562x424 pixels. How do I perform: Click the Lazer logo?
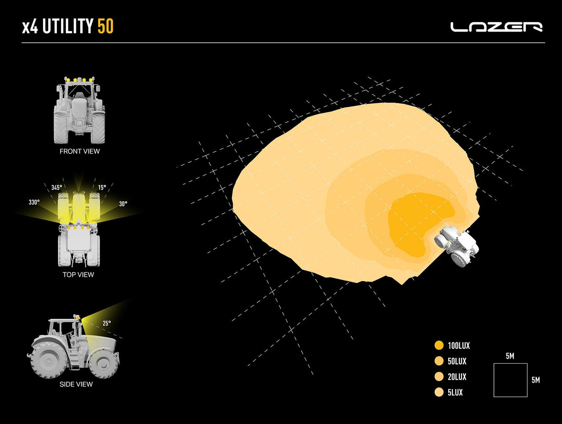[496, 27]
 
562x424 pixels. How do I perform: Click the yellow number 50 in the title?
[106, 26]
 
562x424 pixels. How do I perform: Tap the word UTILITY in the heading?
[68, 26]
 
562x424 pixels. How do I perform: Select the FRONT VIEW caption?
[80, 152]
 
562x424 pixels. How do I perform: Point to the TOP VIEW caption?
[78, 275]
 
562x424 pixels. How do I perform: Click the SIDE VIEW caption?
[76, 384]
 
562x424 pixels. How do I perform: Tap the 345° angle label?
[56, 188]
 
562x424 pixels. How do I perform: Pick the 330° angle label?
[34, 203]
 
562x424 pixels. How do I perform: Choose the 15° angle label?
[102, 188]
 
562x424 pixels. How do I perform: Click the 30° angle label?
[123, 204]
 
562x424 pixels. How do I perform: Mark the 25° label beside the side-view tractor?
[107, 323]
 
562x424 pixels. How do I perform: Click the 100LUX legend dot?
[439, 345]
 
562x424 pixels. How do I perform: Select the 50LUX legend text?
[457, 361]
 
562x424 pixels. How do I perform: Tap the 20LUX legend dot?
[439, 376]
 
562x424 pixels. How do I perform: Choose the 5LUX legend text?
[455, 392]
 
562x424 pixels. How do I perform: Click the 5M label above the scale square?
[510, 356]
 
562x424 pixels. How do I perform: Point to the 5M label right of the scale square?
[536, 380]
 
